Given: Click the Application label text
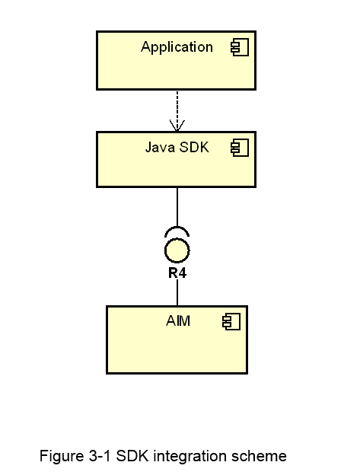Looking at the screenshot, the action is pos(177,47).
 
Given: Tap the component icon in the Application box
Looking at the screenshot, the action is pos(240,47).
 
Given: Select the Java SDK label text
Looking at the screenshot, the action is pos(177,148).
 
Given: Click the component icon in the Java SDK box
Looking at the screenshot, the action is pos(240,148).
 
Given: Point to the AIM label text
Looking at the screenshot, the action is pos(178,320).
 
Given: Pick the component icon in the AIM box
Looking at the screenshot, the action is pos(231,321).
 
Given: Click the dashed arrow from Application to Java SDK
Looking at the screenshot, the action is pos(177,111).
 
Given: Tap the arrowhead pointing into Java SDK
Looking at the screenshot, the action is pos(177,126).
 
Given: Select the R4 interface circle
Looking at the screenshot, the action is pos(177,250).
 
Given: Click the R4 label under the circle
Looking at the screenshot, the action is pos(177,273).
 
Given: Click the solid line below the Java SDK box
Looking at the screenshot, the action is pos(177,207).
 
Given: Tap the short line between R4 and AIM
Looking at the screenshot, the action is pos(177,292).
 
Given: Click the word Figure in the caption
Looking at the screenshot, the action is pos(62,456).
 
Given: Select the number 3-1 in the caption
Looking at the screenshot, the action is pos(100,456).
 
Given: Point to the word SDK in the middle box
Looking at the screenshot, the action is pos(194,147).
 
